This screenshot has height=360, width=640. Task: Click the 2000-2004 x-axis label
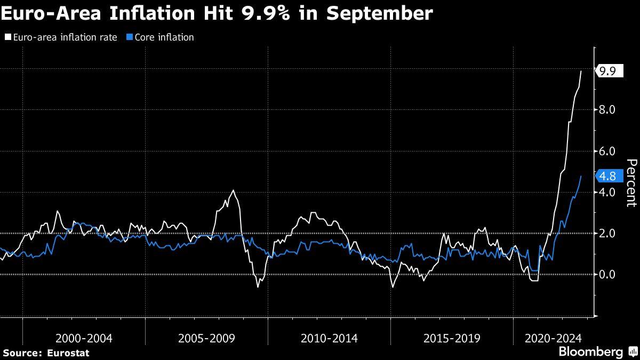click(84, 338)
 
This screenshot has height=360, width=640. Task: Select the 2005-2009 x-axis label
click(206, 338)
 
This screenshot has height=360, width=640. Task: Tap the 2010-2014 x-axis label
click(329, 338)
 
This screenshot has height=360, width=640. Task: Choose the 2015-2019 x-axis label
click(452, 338)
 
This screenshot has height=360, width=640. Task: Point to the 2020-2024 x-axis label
click(553, 338)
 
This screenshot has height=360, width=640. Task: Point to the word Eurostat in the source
click(68, 353)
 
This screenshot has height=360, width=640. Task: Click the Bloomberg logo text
click(590, 352)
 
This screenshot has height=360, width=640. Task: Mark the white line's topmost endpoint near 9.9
click(581, 71)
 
